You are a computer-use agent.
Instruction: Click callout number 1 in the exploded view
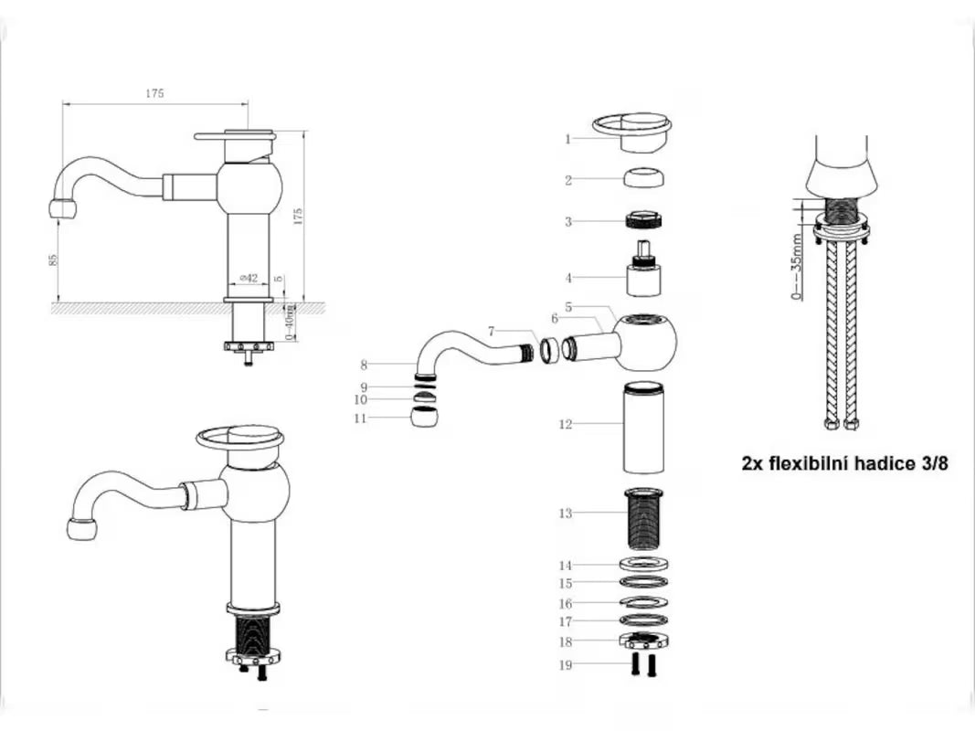pos(567,139)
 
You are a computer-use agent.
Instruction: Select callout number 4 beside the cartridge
pos(567,278)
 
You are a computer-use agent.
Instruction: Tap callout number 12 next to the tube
pos(565,425)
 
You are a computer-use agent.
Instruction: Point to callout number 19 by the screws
pos(565,665)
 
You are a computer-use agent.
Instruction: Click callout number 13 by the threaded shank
pos(565,514)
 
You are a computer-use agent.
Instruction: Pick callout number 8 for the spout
pos(364,365)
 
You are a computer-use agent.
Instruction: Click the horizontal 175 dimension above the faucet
pos(154,93)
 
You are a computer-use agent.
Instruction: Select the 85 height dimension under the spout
pos(54,260)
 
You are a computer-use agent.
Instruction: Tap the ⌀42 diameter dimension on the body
pos(249,278)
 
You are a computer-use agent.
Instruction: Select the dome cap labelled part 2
pos(644,177)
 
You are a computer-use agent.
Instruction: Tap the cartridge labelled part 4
pos(643,268)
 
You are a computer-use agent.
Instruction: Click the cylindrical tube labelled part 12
pos(643,427)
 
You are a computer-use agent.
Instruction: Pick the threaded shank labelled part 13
pos(643,519)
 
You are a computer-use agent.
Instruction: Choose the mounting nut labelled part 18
pos(643,641)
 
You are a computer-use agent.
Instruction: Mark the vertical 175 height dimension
pos(298,217)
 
